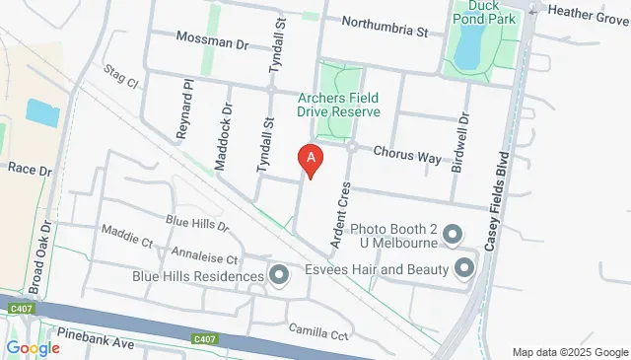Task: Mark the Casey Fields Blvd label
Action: click(503, 192)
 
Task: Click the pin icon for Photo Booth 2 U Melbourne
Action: click(453, 234)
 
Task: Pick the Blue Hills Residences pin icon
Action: click(278, 276)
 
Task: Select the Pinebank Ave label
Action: click(95, 342)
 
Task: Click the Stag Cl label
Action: click(121, 77)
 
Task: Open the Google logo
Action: click(34, 347)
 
